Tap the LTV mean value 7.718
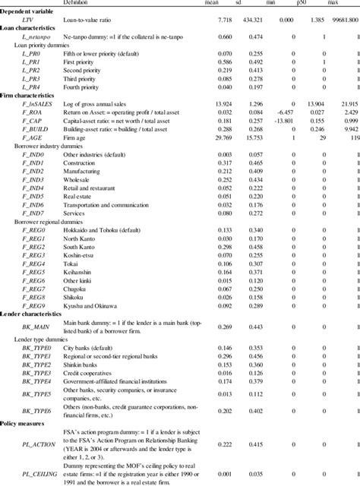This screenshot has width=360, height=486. tap(227, 15)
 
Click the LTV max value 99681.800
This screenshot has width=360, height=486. tap(339, 15)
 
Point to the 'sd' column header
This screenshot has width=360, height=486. tap(265, 3)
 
